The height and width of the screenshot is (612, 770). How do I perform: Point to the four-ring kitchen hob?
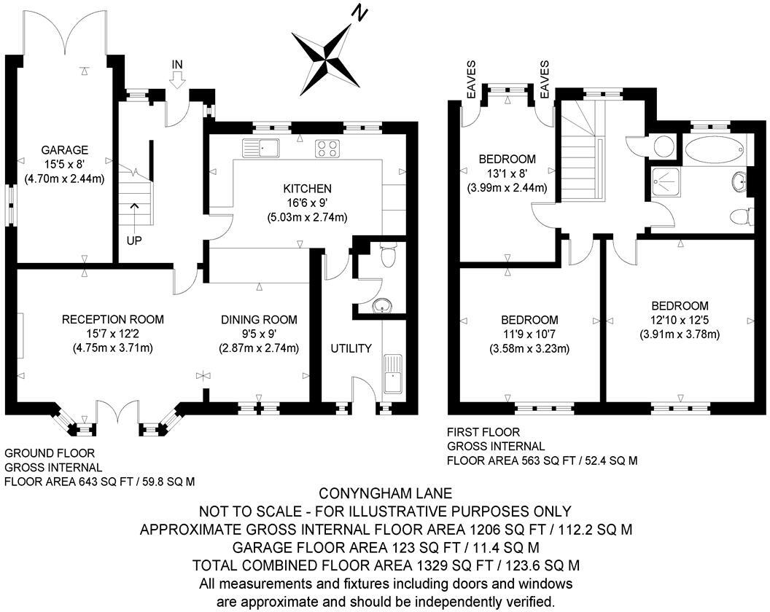click(327, 149)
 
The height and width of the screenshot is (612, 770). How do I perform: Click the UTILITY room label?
click(351, 348)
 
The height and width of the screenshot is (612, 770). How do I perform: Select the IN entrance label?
click(176, 65)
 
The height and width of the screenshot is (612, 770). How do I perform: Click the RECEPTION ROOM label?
click(113, 319)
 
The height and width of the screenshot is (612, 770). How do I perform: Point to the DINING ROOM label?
click(260, 319)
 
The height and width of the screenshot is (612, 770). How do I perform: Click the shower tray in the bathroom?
click(666, 180)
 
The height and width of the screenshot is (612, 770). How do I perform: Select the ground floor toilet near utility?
click(388, 255)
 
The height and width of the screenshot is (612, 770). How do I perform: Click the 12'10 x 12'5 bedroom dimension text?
click(680, 320)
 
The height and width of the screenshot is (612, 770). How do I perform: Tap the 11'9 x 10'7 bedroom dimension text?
click(529, 334)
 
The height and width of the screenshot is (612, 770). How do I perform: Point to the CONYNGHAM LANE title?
click(385, 493)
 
